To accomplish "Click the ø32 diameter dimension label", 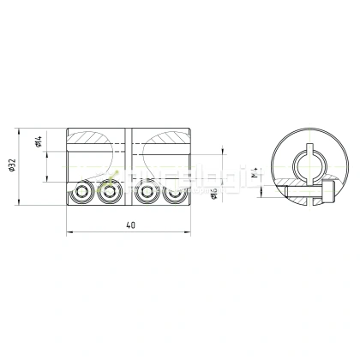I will click(13, 168).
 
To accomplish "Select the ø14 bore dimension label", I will click(40, 144).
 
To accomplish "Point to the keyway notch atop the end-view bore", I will click(309, 152).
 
